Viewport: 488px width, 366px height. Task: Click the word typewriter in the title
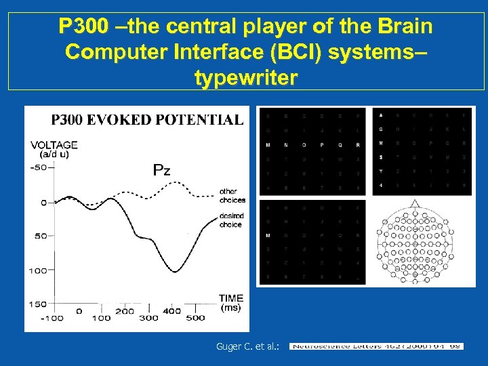pyautogui.click(x=245, y=79)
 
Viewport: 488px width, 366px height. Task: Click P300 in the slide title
pyautogui.click(x=83, y=27)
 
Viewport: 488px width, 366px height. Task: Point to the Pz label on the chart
pyautogui.click(x=161, y=169)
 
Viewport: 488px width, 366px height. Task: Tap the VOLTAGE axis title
pyautogui.click(x=54, y=144)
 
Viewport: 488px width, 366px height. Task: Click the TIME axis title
pyautogui.click(x=231, y=298)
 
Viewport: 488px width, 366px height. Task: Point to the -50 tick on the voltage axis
pyautogui.click(x=40, y=167)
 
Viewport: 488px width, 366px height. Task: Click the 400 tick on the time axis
pyautogui.click(x=172, y=311)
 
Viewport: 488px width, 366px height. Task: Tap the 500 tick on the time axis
pyautogui.click(x=195, y=317)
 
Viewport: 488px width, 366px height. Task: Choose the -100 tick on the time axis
pyautogui.click(x=52, y=318)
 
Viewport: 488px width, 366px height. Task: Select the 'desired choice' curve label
pyautogui.click(x=230, y=221)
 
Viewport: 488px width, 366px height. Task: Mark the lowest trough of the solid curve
pyautogui.click(x=175, y=272)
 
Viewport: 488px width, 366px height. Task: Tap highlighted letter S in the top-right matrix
pyautogui.click(x=380, y=157)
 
